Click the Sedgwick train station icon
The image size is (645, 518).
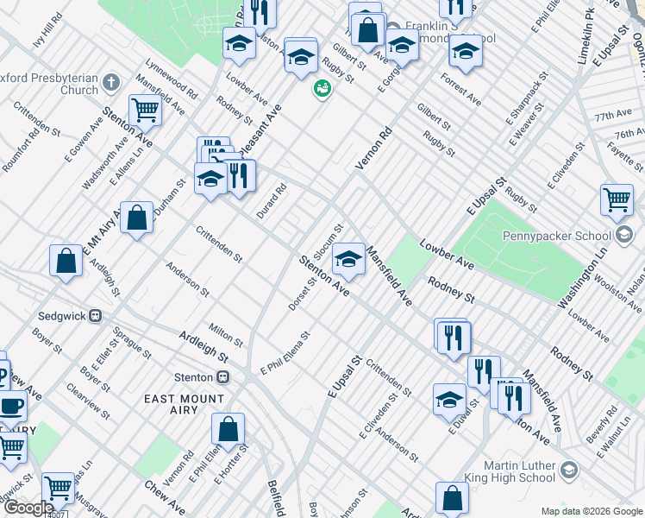pos(97,316)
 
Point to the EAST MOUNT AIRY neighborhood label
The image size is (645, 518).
pos(184,398)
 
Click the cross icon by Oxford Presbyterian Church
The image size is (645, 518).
pos(110,83)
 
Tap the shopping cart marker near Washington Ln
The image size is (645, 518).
pos(617,200)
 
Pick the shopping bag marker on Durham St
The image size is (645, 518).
pos(136,218)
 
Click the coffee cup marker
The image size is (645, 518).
pos(10,406)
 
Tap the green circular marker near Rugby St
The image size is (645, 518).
pos(322,88)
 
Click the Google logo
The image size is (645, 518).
pos(28,509)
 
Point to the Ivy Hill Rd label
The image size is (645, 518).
pos(48,29)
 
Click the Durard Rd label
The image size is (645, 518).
pos(271,201)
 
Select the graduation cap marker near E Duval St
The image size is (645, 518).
pos(449,400)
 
